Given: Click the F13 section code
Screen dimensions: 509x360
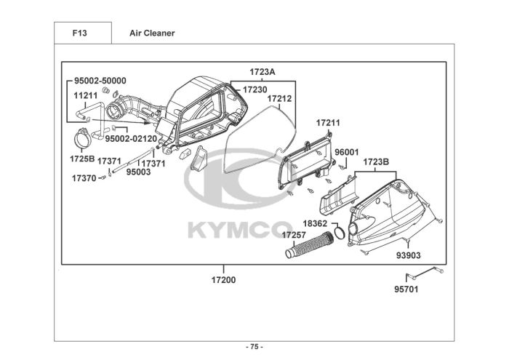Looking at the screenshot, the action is tap(79, 33).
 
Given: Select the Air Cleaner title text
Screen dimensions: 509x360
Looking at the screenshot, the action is tap(152, 33).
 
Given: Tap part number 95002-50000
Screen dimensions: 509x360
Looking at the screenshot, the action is tap(100, 81).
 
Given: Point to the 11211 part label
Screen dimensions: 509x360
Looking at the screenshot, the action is tap(85, 96).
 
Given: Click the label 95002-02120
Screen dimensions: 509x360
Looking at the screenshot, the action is tap(131, 139).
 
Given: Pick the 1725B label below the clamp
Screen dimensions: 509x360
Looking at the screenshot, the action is tap(82, 159).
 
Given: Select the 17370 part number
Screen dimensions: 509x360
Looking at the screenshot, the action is tap(84, 178).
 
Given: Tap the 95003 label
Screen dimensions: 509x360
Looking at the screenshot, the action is tap(139, 172).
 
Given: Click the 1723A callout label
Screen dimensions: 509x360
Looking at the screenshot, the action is tap(262, 72).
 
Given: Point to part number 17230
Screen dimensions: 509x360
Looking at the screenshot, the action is tap(255, 89).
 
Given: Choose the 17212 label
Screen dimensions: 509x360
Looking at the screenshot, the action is tap(279, 98).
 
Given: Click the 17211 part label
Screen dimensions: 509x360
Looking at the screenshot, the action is tap(328, 123).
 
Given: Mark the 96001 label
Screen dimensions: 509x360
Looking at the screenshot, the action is tap(347, 152).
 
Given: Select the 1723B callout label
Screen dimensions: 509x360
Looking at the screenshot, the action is tap(376, 161).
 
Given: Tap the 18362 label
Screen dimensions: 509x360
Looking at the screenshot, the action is tap(315, 224).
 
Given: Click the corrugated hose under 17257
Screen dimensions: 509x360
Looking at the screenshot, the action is tap(310, 245).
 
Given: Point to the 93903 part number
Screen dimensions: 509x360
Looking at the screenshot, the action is tap(409, 255).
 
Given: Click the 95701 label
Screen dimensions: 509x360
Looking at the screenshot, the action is tap(406, 289).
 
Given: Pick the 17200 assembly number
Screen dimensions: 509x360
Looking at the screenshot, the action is tap(224, 280).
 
